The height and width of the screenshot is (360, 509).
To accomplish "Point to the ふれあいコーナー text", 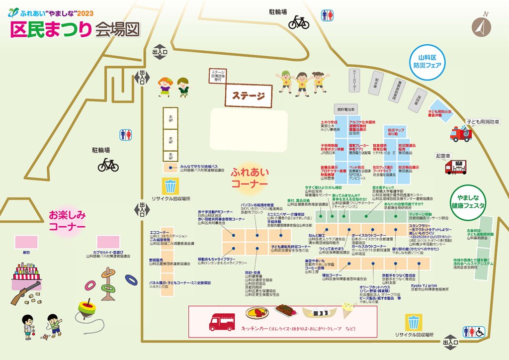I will [x=249, y=178].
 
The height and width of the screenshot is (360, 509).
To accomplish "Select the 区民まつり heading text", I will [x=51, y=29].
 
